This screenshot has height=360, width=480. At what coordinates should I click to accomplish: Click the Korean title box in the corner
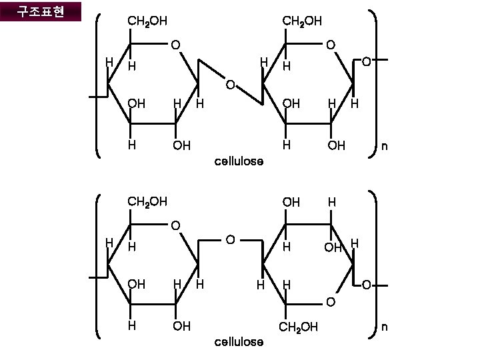[41, 12]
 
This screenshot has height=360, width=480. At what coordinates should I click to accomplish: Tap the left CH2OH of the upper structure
[147, 21]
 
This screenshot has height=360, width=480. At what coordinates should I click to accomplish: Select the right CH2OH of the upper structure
[302, 21]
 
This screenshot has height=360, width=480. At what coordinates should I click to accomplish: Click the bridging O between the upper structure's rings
[229, 85]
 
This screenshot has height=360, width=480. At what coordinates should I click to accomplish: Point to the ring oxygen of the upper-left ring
[175, 45]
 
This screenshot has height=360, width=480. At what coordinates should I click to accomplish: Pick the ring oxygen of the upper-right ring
[330, 45]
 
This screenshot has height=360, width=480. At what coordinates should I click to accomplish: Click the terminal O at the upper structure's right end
[366, 62]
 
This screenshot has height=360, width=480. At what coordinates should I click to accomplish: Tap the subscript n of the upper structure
[383, 146]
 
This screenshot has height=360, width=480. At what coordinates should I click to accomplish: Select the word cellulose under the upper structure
[239, 161]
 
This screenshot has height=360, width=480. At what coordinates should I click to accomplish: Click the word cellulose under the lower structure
[239, 342]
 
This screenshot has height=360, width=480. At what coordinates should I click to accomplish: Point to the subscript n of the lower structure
[383, 327]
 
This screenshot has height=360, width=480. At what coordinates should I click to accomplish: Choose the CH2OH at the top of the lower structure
[147, 201]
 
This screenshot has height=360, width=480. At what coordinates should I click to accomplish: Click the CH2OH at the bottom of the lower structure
[299, 327]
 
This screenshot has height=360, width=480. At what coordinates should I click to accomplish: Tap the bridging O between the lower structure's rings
[229, 239]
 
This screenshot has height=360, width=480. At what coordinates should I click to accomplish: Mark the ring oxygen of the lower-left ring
[175, 225]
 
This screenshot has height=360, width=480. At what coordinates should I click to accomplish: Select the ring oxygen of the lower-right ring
[330, 304]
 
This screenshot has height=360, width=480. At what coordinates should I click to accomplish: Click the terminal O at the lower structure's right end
[366, 286]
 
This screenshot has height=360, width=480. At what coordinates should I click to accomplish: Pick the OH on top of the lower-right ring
[291, 202]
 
